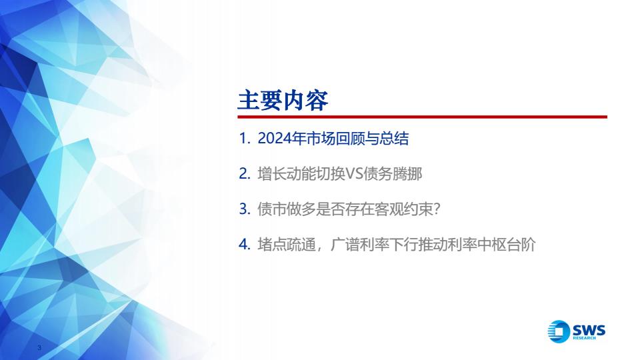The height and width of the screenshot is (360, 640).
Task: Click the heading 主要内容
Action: (283, 101)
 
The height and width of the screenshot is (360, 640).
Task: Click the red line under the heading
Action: (423, 117)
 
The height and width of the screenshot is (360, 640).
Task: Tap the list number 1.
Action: (244, 139)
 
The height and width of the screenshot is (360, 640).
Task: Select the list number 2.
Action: (244, 174)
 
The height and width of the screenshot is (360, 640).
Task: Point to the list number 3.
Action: (244, 209)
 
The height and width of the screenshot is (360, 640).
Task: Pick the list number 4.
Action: (244, 245)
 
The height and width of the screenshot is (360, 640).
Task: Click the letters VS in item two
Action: (354, 174)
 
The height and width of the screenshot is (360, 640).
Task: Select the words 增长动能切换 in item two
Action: (301, 174)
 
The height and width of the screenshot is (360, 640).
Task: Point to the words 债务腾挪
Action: (393, 174)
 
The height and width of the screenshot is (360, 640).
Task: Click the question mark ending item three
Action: (436, 209)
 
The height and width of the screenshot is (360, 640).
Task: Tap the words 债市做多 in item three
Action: (287, 209)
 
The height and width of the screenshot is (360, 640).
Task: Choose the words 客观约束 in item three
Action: (403, 209)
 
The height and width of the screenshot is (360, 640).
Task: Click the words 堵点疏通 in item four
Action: (287, 245)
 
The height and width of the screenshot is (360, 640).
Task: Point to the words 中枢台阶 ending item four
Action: (506, 245)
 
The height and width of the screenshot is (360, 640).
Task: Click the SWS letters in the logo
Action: (589, 329)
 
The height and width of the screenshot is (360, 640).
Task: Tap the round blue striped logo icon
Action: (559, 331)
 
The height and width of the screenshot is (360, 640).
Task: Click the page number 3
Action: (39, 348)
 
